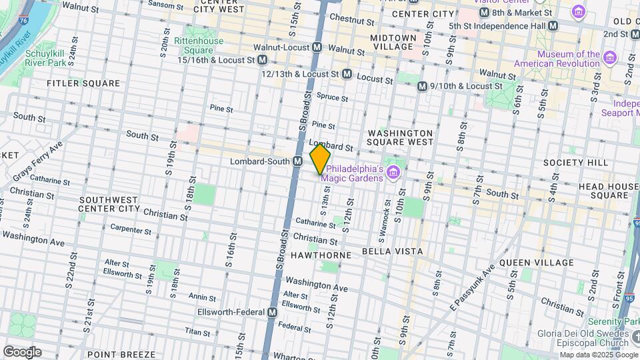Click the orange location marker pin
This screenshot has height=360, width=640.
click(x=320, y=159)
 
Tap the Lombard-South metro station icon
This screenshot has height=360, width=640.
click(x=298, y=161)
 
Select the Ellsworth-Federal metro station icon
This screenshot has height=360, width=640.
click(x=273, y=312)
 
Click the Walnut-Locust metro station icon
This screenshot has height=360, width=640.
click(x=318, y=48)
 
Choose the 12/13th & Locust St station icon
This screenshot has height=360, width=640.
click(x=347, y=75)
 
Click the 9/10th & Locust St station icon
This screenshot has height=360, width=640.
click(x=421, y=86)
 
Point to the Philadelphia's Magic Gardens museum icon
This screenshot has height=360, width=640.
click(x=393, y=173)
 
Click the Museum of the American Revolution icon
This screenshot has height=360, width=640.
click(x=609, y=59)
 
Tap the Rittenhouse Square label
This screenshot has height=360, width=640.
click(x=198, y=45)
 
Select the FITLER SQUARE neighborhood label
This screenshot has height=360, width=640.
click(x=83, y=83)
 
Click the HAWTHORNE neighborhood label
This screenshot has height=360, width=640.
click(x=316, y=255)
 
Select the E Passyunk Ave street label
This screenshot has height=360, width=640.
click(x=472, y=287)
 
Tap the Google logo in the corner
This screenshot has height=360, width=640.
click(x=22, y=351)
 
